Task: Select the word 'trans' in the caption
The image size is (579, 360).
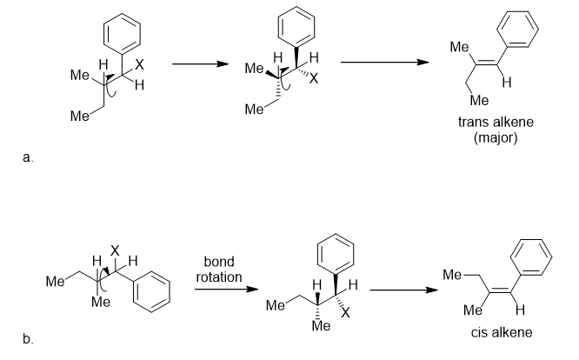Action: (473, 123)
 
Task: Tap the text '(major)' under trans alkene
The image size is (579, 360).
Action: (496, 137)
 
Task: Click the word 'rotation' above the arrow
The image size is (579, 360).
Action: (218, 276)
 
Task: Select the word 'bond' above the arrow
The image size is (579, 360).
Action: (218, 262)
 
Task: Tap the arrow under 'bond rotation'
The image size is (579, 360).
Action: (218, 290)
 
